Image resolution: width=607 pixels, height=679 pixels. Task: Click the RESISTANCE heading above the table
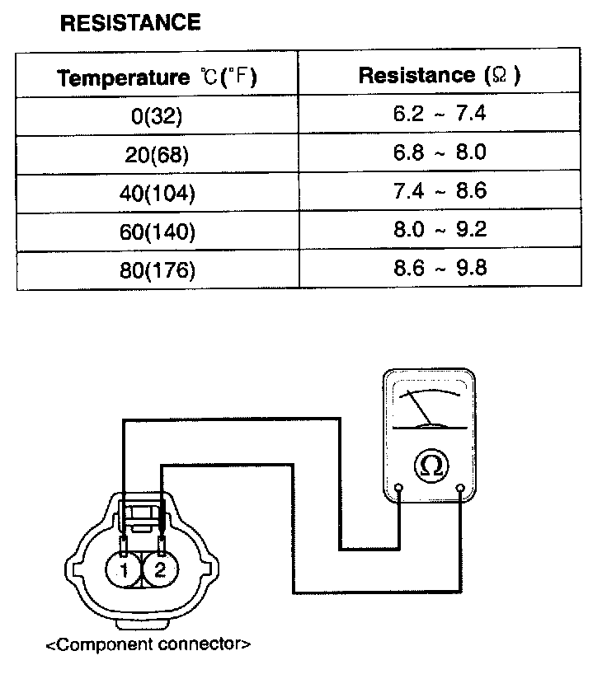[x=130, y=23]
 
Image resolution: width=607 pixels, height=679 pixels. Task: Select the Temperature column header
[x=157, y=78]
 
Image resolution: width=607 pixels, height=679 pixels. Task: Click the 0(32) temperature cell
[x=156, y=116]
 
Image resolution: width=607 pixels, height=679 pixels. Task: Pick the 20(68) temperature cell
[x=156, y=155]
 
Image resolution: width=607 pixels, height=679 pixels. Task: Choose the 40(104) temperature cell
[x=156, y=194]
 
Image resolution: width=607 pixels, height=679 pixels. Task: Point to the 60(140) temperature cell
[x=156, y=232]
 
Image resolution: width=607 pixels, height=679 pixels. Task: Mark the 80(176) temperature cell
[x=156, y=270]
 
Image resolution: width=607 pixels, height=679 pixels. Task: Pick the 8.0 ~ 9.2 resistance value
[x=440, y=229]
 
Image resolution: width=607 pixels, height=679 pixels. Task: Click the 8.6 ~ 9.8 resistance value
[x=440, y=268]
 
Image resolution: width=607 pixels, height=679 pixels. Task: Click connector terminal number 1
[x=123, y=570]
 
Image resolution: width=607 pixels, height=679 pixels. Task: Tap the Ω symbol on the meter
[x=430, y=466]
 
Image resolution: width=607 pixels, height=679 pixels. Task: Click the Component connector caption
[x=148, y=644]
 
